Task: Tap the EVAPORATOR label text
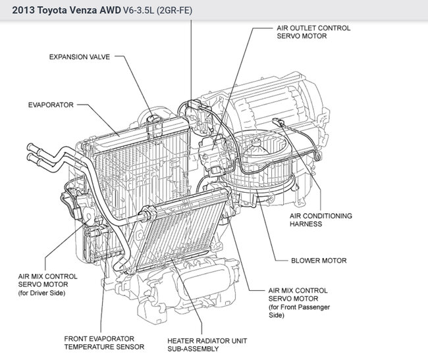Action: point(50,105)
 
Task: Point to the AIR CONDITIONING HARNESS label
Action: point(320,220)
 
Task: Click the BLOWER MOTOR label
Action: point(319,261)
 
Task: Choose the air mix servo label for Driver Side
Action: point(49,284)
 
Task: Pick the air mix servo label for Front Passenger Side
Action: point(300,302)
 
